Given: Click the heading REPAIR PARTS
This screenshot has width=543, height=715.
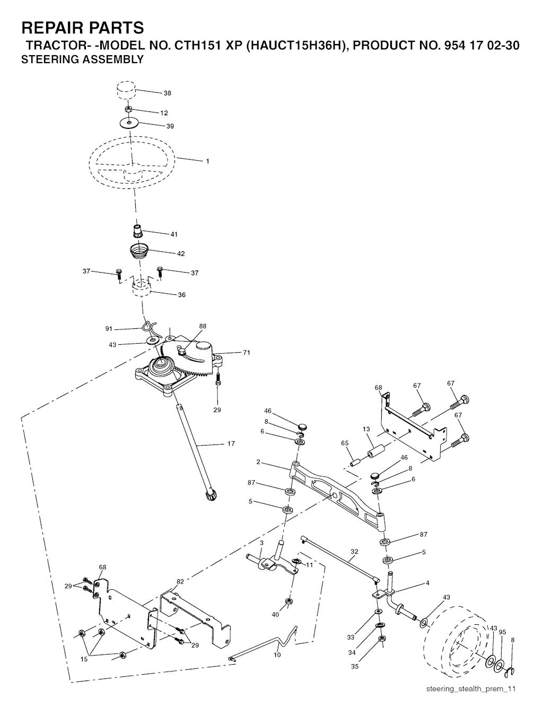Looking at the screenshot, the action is click(82, 28).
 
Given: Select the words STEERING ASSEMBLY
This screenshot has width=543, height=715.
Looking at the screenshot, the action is click(82, 60).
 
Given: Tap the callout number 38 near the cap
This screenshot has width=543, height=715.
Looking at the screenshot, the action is click(168, 93).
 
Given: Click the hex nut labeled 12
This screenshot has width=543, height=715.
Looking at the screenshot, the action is click(128, 109).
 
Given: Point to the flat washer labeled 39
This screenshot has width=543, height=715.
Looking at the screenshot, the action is click(129, 123).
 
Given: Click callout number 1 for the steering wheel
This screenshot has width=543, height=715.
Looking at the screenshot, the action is click(207, 161).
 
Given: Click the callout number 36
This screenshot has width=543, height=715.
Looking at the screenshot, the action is click(182, 295).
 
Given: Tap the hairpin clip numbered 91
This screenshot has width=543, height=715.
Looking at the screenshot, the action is click(149, 329).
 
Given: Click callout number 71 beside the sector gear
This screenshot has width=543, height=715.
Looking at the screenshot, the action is click(247, 352).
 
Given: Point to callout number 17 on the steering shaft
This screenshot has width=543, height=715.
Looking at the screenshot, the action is click(231, 443).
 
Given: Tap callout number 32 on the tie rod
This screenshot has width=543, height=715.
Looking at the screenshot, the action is click(354, 552).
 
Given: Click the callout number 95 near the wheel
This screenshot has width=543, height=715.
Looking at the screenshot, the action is click(502, 632).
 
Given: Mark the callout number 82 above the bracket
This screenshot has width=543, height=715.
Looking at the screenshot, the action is click(180, 582).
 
